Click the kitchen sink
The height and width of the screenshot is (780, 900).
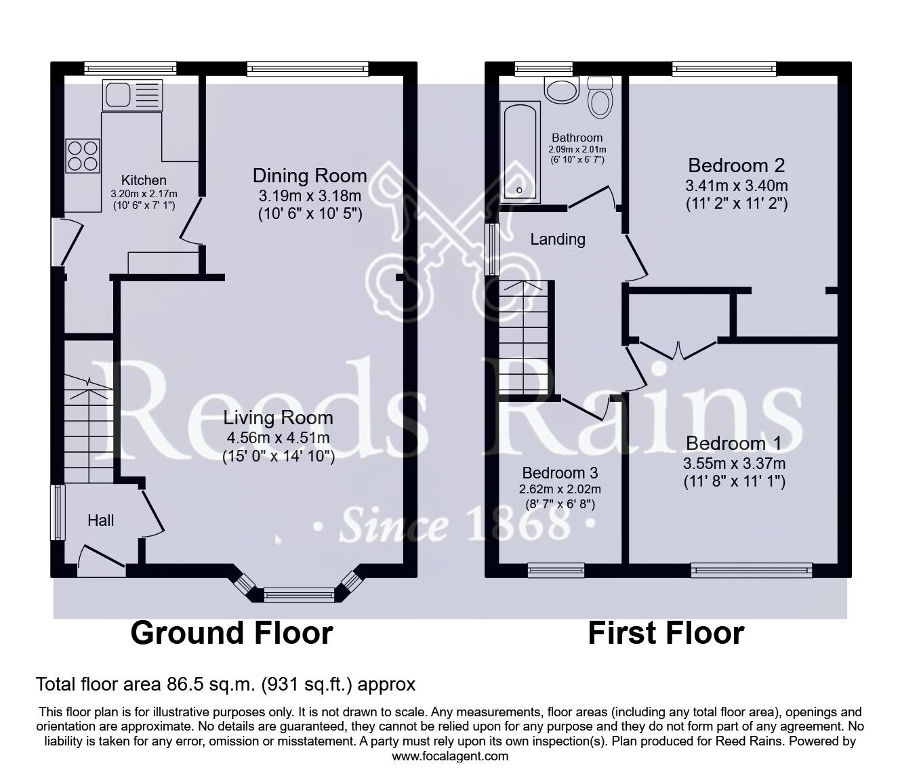click(x=132, y=95)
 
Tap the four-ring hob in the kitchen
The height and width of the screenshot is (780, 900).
click(x=83, y=155)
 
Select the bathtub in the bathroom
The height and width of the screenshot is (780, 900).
click(x=520, y=152)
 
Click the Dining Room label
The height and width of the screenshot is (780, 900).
click(x=310, y=176)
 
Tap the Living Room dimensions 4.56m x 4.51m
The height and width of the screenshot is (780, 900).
click(x=279, y=438)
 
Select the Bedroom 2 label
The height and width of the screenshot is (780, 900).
click(x=736, y=165)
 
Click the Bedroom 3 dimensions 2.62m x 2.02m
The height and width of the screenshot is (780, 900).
click(x=560, y=489)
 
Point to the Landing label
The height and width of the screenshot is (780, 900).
click(x=558, y=239)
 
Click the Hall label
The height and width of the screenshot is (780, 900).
click(x=101, y=520)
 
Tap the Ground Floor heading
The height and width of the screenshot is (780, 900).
click(x=231, y=633)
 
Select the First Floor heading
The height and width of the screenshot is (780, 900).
click(x=666, y=633)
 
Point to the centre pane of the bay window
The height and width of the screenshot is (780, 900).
click(x=300, y=596)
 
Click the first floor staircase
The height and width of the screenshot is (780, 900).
click(x=527, y=339)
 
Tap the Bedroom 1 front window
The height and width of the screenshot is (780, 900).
click(x=751, y=571)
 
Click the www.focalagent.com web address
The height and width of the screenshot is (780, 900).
click(x=450, y=756)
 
